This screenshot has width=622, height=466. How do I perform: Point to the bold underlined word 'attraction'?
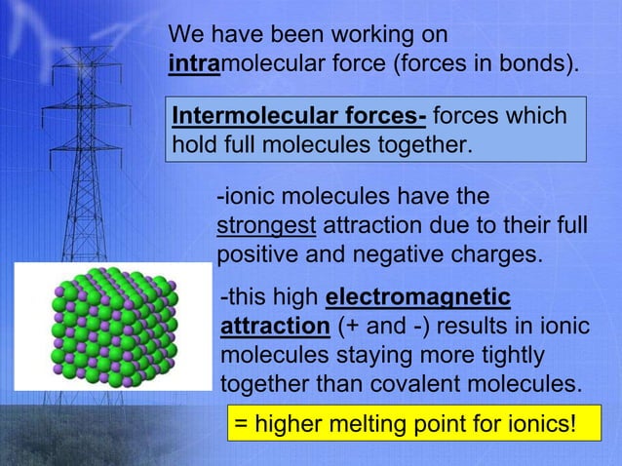pos(276,324)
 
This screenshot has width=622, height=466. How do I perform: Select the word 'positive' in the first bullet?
pos(253,254)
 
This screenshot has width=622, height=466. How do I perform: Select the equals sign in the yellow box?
pos(240,425)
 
